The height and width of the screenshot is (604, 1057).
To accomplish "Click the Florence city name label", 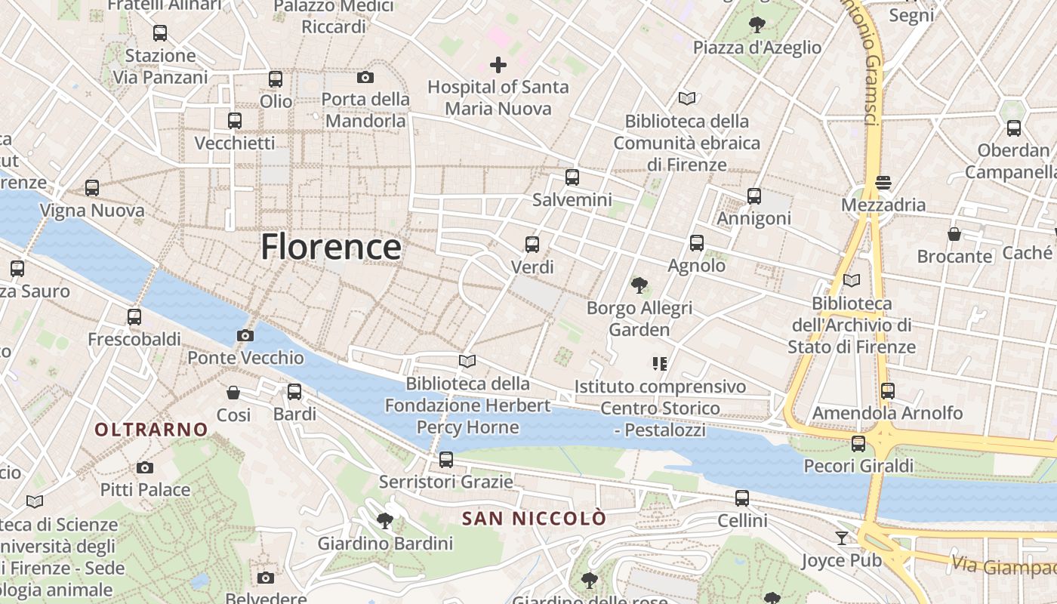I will point(331,247).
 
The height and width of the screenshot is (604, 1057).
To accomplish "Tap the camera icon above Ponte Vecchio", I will point(245,335).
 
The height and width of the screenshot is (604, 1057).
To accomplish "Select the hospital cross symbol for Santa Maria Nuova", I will point(498,65).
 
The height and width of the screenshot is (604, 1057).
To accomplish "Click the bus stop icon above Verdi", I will point(532,244).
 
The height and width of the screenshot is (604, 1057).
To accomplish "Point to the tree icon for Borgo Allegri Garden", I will point(639,285).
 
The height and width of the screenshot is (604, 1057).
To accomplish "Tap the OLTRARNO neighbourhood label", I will point(151,430).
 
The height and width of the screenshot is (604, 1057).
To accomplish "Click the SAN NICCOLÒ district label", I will point(534,519).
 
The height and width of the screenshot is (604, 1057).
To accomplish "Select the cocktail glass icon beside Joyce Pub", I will point(842,538).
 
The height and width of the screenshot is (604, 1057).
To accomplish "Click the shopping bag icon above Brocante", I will point(954,234).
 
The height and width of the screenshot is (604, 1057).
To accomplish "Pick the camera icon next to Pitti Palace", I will point(145,468).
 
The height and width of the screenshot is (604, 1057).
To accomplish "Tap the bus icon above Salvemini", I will point(572,177).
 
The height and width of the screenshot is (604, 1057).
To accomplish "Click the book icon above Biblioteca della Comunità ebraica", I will point(687,98).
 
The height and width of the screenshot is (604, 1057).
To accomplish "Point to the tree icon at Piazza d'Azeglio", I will point(757,25).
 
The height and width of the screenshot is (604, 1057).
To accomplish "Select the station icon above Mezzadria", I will point(883,182).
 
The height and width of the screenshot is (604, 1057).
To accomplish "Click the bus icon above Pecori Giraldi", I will point(858,444).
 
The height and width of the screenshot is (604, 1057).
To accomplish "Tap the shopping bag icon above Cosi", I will point(233,393).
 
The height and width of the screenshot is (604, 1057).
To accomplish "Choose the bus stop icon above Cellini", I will point(742,498).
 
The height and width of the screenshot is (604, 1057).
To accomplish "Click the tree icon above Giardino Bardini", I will point(385,520).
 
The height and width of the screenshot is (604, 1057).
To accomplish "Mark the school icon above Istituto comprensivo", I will point(659,364).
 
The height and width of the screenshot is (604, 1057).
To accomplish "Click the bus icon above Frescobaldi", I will point(134,317).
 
